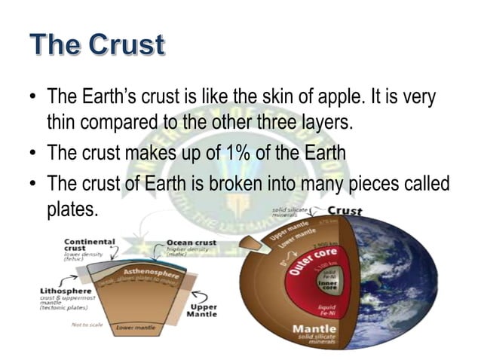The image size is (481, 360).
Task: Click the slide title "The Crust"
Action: tap(97, 44)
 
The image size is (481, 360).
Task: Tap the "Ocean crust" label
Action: tap(191, 243)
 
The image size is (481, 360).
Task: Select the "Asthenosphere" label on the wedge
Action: tap(150, 273)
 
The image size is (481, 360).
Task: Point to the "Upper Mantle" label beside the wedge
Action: tap(203, 310)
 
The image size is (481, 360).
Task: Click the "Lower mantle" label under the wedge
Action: tap(136, 328)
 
